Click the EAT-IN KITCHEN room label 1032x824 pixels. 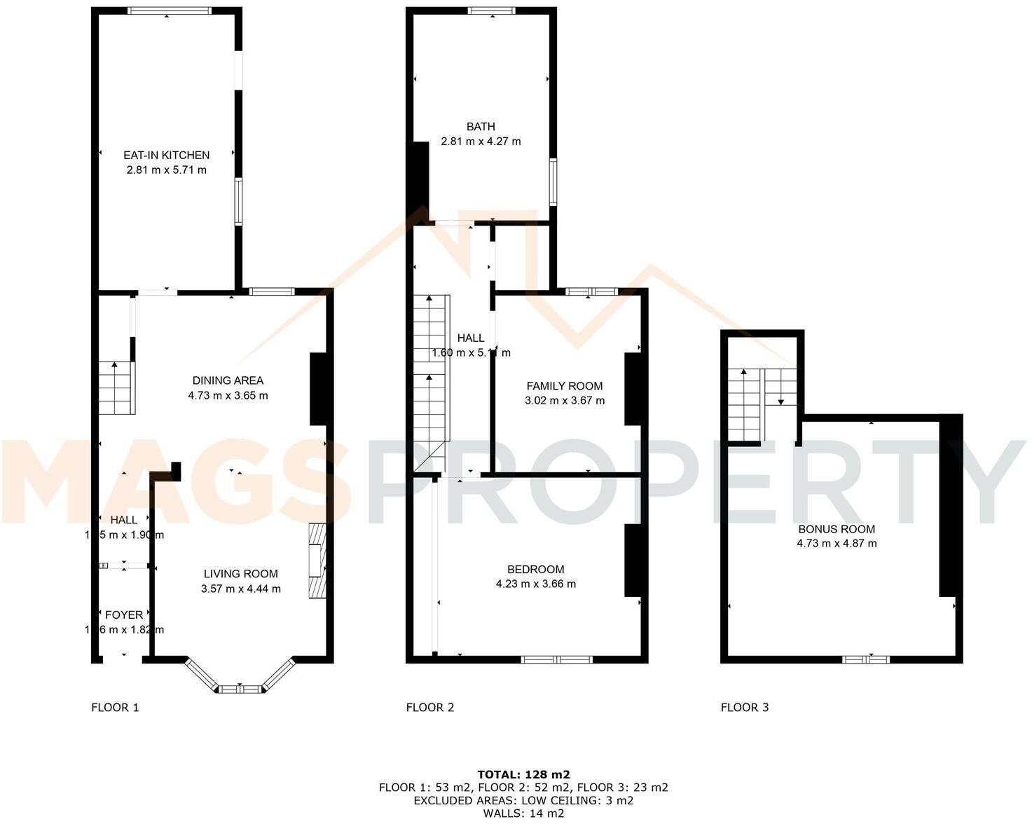pyautogui.click(x=166, y=156)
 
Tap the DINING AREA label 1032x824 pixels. pyautogui.click(x=228, y=380)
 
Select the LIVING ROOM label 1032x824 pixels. pyautogui.click(x=240, y=574)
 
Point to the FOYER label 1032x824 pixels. pyautogui.click(x=124, y=615)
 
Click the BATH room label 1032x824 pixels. pyautogui.click(x=481, y=127)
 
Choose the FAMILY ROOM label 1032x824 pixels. pyautogui.click(x=564, y=386)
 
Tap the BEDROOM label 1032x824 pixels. pyautogui.click(x=535, y=570)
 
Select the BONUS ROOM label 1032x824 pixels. pyautogui.click(x=837, y=529)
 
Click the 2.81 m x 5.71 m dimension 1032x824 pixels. pyautogui.click(x=166, y=170)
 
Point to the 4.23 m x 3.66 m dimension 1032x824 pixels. pyautogui.click(x=535, y=584)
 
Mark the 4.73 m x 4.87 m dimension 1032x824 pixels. pyautogui.click(x=837, y=544)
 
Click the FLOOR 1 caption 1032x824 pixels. pyautogui.click(x=115, y=708)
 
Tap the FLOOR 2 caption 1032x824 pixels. pyautogui.click(x=430, y=708)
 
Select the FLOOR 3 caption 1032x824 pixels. pyautogui.click(x=745, y=708)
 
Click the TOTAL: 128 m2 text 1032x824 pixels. pyautogui.click(x=523, y=775)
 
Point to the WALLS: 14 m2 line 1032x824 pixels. pyautogui.click(x=523, y=813)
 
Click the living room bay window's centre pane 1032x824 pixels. pyautogui.click(x=240, y=689)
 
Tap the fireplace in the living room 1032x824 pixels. pyautogui.click(x=317, y=561)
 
